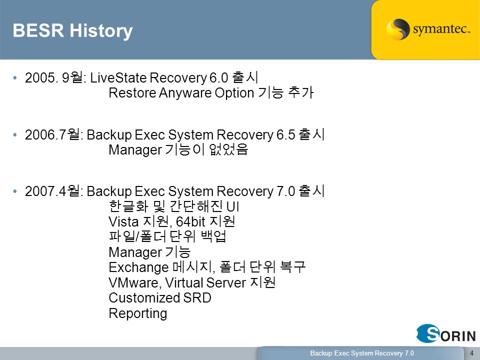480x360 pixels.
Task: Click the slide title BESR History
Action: (x=72, y=31)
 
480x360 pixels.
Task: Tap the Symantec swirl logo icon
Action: (x=397, y=29)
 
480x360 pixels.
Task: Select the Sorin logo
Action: (x=445, y=333)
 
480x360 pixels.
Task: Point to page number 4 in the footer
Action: (x=471, y=353)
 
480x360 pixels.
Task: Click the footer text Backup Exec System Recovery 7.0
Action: (x=362, y=353)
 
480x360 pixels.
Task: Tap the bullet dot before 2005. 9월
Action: (x=15, y=78)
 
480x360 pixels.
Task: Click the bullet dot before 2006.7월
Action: (x=15, y=134)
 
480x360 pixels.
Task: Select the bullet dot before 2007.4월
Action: (x=15, y=191)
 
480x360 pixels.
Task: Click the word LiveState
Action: (x=118, y=78)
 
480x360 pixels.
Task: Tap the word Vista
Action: (x=123, y=221)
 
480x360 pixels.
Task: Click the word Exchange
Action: (x=138, y=267)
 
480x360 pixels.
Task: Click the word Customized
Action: (x=144, y=298)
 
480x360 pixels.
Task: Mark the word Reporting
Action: (x=138, y=313)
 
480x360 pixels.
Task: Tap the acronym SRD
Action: (x=197, y=298)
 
